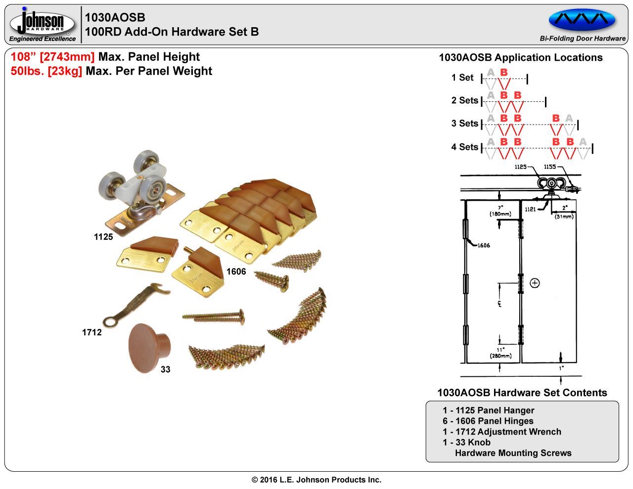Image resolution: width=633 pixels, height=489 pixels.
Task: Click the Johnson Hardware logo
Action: (x=42, y=24)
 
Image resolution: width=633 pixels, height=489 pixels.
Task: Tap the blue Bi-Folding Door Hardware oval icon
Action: (x=582, y=20)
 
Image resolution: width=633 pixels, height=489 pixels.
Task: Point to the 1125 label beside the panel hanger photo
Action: (x=103, y=237)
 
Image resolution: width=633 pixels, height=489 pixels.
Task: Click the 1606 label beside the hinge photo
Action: (x=236, y=271)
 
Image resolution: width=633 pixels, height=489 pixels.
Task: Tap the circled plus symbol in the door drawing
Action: (x=535, y=283)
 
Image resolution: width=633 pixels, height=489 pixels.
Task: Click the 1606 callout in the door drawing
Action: (x=483, y=245)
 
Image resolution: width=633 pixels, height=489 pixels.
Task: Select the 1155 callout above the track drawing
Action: (x=550, y=167)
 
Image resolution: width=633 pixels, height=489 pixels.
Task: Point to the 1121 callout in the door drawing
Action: (x=530, y=209)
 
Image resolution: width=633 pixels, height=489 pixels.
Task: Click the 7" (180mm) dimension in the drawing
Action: (x=500, y=211)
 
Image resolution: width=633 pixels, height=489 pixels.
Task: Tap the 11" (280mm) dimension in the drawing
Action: (x=500, y=353)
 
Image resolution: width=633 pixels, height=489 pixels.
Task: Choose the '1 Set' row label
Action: (x=462, y=78)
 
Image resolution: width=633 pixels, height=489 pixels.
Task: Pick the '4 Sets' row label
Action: (x=464, y=147)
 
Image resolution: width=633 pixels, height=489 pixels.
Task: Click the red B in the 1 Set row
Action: (x=504, y=73)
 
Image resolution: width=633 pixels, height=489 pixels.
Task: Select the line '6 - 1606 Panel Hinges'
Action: (x=488, y=421)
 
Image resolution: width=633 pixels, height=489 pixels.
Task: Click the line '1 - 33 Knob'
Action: (x=466, y=442)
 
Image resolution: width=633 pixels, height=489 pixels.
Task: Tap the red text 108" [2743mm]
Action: (x=52, y=57)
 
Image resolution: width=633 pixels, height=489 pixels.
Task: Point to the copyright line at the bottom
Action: (x=316, y=480)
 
